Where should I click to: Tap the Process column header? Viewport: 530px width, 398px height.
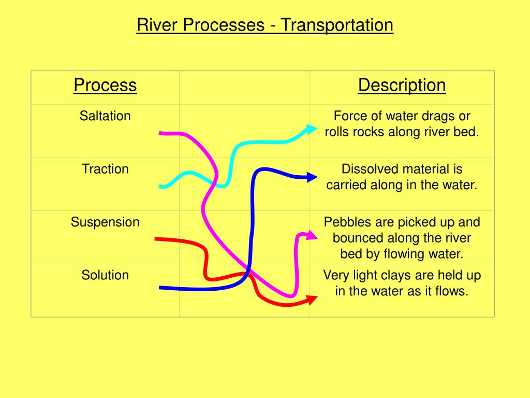pos(105,85)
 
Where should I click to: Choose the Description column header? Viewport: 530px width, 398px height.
pos(402,85)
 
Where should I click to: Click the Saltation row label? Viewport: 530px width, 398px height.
pos(105,116)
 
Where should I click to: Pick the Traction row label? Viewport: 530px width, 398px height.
pos(105,169)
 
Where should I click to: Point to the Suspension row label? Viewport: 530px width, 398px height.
pos(105,222)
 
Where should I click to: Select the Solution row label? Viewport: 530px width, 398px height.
pos(105,275)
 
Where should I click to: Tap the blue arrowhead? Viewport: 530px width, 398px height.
pos(312,177)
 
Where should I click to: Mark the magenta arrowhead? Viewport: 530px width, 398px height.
pos(312,235)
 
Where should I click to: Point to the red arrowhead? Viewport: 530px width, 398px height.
pos(312,300)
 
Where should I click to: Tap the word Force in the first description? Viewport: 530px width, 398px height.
pos(348,116)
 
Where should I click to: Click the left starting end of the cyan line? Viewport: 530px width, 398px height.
pos(161,187)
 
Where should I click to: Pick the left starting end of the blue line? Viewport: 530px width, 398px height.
pos(161,287)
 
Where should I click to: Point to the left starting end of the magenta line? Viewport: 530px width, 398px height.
pos(161,133)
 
